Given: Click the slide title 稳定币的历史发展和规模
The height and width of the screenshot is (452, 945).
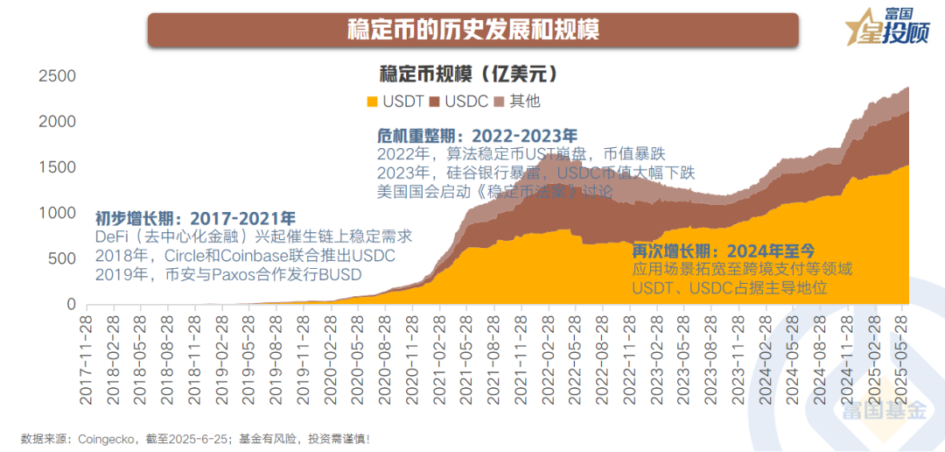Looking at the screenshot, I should pos(472,29).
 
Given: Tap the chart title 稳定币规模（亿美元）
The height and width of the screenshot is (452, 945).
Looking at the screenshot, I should pos(469,73).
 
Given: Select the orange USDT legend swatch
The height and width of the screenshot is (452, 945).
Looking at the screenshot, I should pos(372,102).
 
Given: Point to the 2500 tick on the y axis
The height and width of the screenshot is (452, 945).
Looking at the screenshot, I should pos(57,77).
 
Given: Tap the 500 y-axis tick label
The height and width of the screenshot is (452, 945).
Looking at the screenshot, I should pos(63,259).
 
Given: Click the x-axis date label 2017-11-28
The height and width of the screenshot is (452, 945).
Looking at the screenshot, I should pos(87,359).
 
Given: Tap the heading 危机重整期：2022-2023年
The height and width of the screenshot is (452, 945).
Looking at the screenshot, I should pos(477,136).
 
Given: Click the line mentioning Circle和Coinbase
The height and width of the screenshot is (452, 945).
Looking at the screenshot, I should pos(246,256).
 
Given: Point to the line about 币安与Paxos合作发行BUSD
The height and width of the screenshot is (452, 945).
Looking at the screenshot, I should pos(229,275).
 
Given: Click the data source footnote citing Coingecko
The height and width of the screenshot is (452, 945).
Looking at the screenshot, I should pos(196,437).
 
